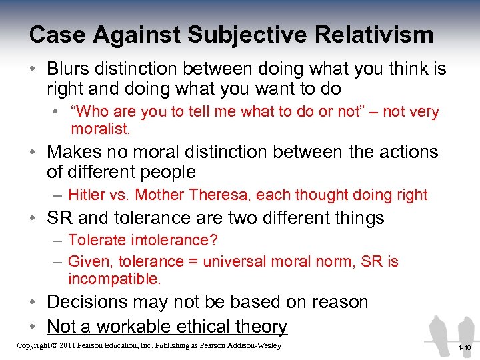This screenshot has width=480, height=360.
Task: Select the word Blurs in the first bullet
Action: [70, 69]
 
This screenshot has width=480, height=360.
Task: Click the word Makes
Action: [76, 152]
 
